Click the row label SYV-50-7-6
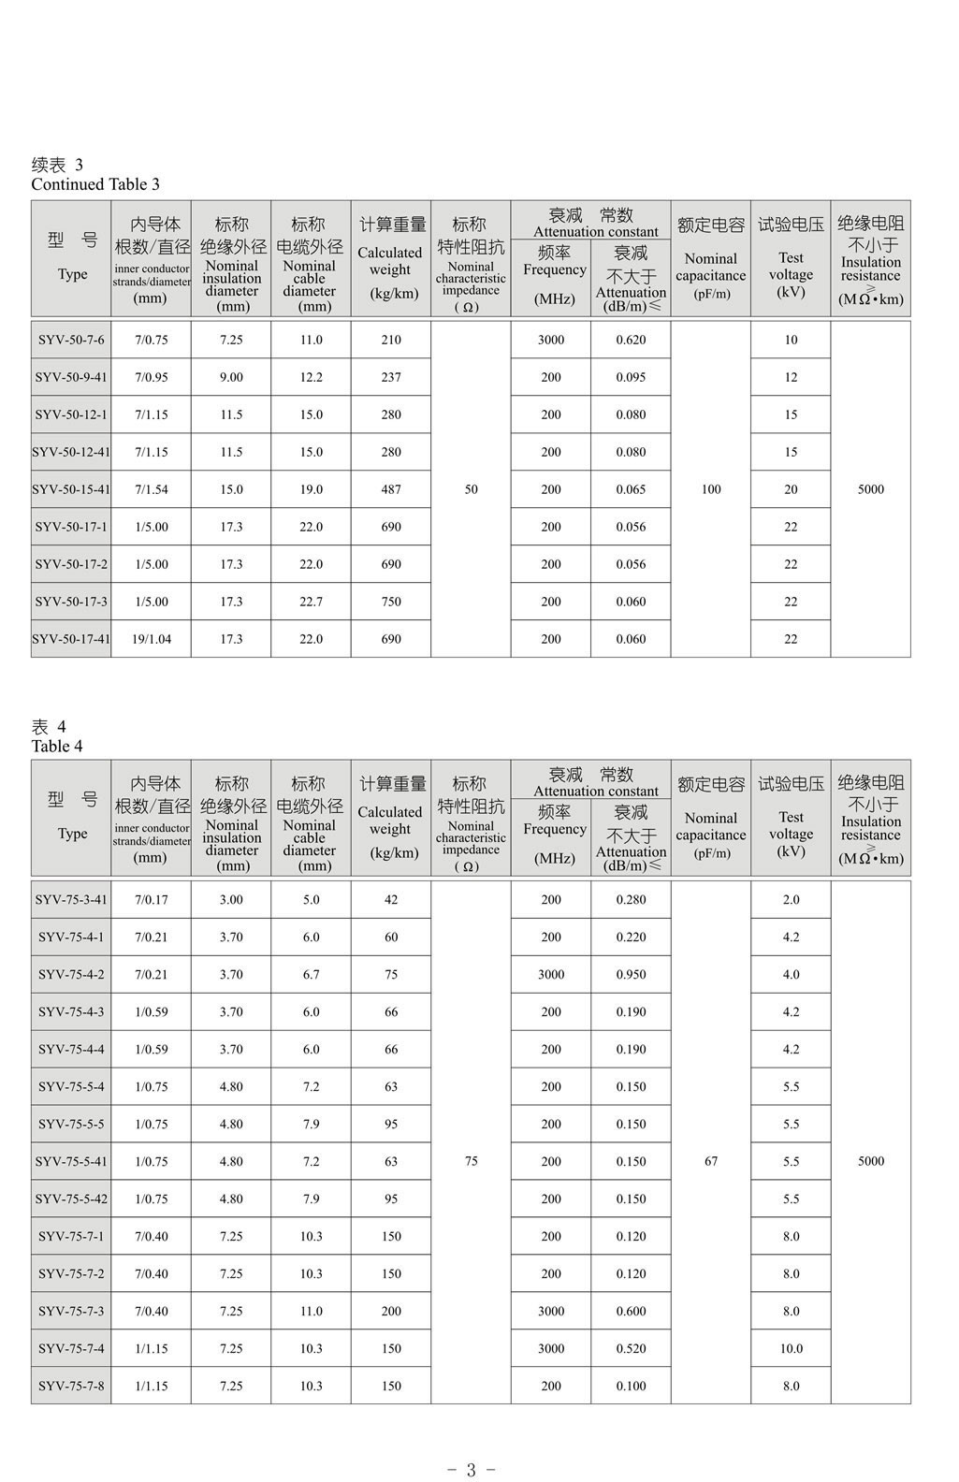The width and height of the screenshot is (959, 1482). coord(71,340)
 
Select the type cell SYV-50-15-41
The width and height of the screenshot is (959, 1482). coord(71,489)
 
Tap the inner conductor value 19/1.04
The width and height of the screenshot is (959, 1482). coord(151,639)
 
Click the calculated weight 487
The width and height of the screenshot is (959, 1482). coord(391,489)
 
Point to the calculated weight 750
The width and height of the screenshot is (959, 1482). coord(391,602)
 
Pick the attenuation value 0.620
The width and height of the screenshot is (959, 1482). coord(631,340)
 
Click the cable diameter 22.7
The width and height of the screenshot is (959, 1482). coord(311,602)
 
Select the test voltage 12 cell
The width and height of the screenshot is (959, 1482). coord(791,377)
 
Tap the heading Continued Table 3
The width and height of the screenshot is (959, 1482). coord(95,183)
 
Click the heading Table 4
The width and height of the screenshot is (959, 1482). coord(57,746)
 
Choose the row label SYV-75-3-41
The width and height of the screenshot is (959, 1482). coord(71,899)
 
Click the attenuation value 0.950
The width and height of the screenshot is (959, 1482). coord(631,974)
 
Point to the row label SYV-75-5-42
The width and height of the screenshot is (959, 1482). coord(71,1199)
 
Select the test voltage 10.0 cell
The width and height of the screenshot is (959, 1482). coord(791,1348)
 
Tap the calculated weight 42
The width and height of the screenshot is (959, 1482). coord(391,899)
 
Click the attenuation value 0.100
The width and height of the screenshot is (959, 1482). coord(631,1386)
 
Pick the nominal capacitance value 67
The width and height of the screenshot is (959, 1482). coord(711,1161)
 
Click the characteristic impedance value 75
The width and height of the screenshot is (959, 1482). coord(471,1161)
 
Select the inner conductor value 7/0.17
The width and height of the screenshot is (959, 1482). coord(151,899)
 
